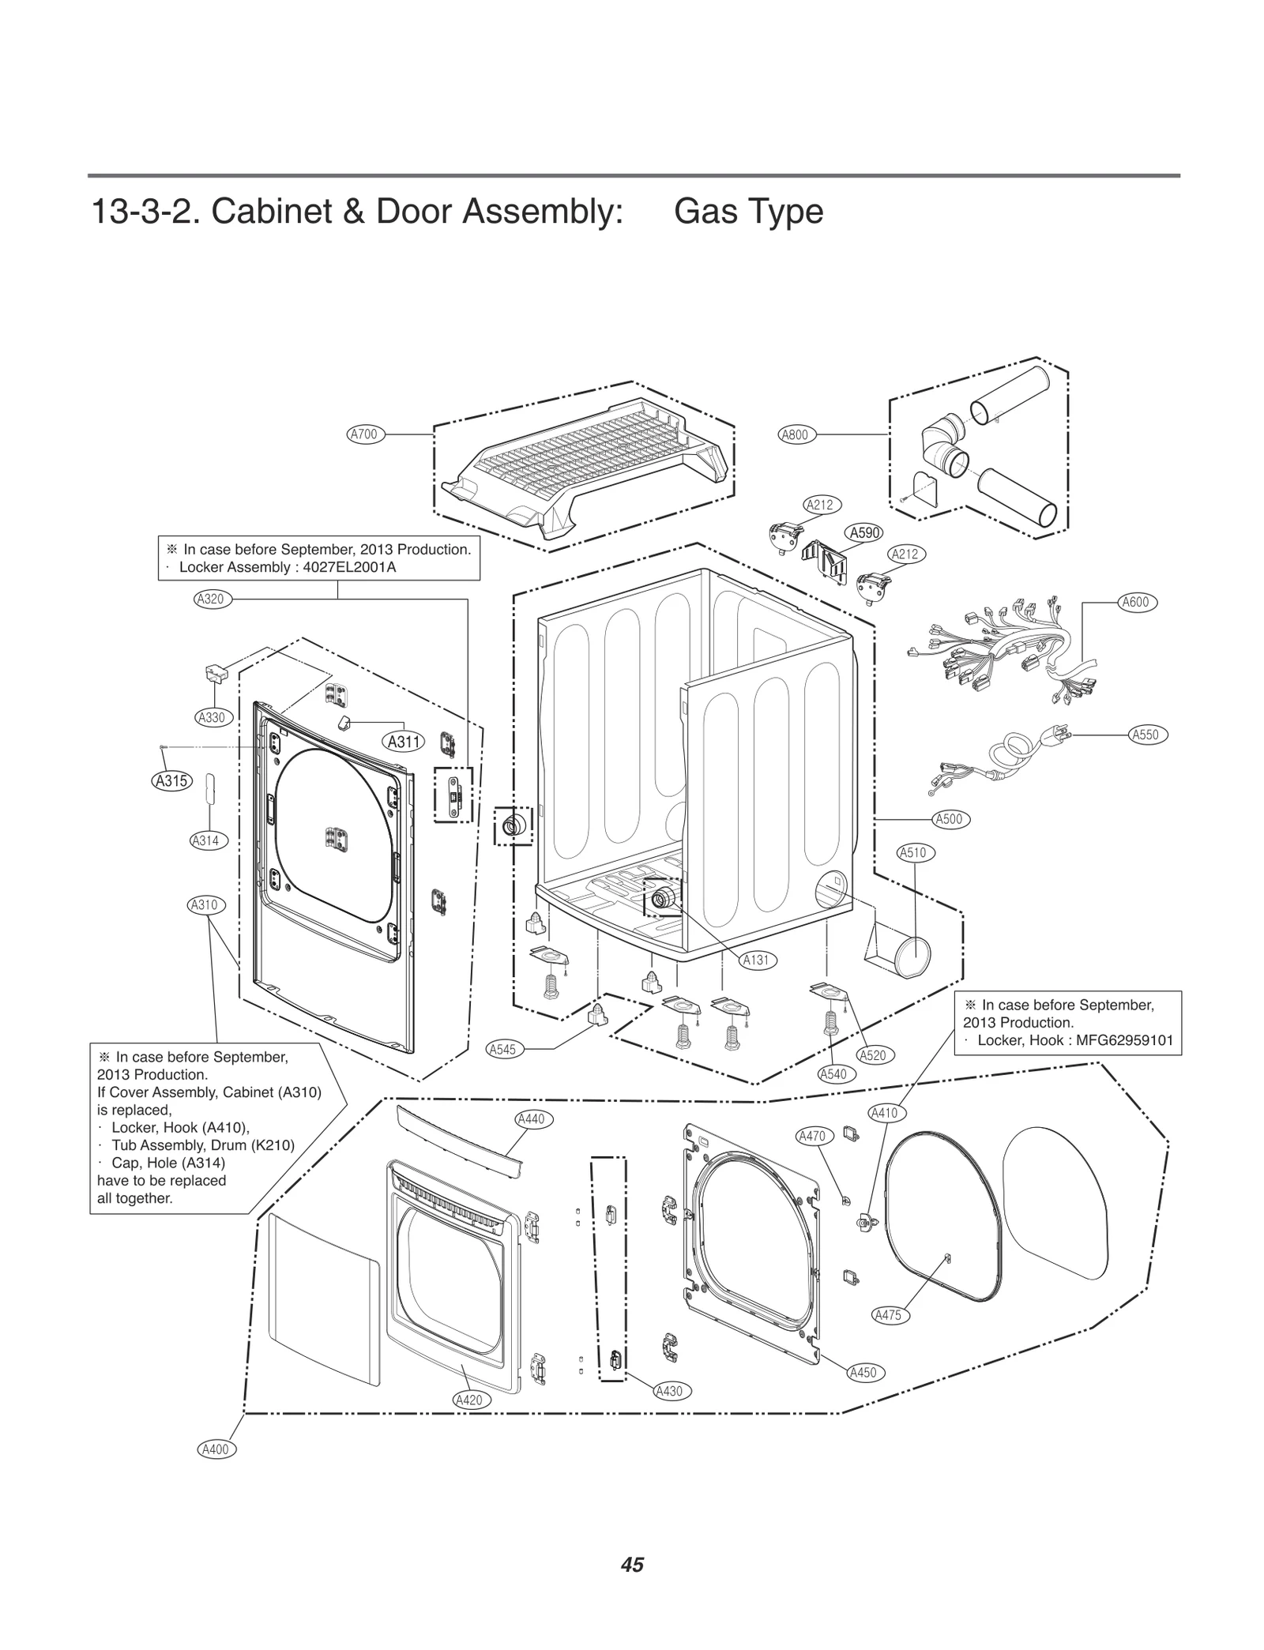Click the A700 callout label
coord(365,434)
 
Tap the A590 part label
coord(864,532)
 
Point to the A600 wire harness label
coord(1135,602)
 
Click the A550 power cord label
coord(1145,735)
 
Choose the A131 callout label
coord(756,960)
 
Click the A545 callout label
coord(502,1049)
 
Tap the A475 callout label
coord(889,1315)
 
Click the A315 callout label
coord(171,781)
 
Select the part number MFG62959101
coord(1123,1040)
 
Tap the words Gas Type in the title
coord(748,212)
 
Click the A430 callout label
coord(669,1392)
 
